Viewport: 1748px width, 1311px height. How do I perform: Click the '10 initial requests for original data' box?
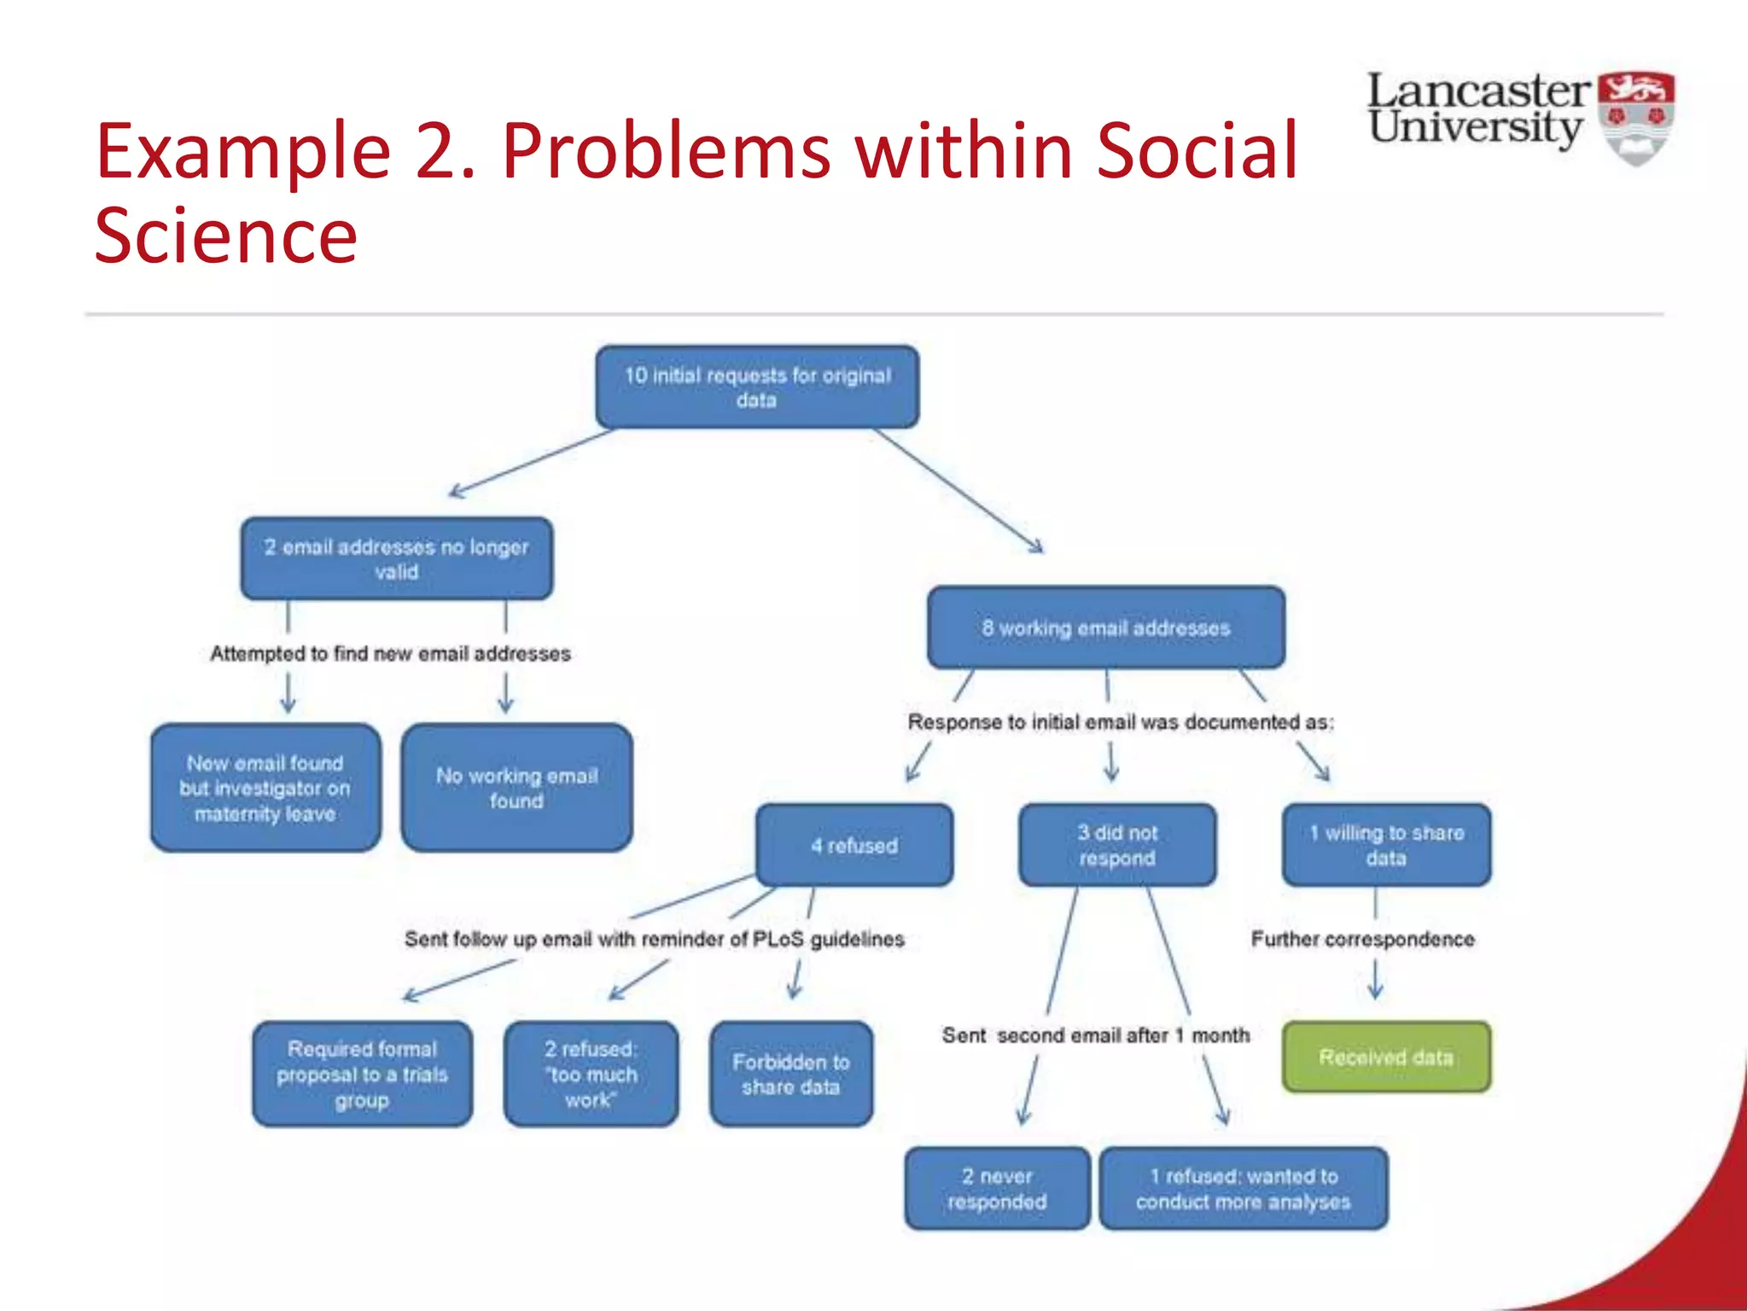757,387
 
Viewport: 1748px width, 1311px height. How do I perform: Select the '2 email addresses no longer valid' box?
396,559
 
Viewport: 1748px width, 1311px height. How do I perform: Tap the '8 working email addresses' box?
1106,628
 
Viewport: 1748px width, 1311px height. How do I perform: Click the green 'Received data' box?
1386,1058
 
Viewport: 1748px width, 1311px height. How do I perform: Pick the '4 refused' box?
854,846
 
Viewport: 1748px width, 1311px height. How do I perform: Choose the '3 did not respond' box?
1117,845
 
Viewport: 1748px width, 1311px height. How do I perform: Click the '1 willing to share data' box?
1386,845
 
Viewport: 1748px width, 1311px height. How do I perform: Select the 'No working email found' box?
516,788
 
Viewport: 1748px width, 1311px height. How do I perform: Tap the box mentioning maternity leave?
265,788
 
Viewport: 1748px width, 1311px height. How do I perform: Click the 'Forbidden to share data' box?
791,1075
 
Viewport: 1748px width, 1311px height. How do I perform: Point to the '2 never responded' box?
997,1189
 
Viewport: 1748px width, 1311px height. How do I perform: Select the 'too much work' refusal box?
591,1075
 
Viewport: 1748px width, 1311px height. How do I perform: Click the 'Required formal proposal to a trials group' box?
362,1075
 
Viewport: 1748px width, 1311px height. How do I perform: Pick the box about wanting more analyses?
1244,1189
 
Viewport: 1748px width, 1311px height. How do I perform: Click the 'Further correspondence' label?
1362,939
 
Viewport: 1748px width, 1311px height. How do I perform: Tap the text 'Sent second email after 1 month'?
1095,1035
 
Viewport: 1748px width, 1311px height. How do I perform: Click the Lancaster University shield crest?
1635,118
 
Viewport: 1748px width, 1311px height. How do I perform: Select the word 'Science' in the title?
225,236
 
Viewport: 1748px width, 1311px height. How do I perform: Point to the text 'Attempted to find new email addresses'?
390,654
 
